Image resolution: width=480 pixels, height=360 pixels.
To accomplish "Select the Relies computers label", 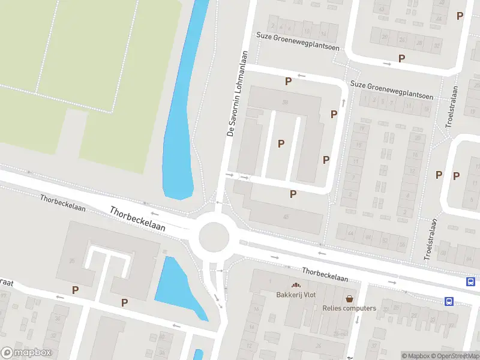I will tap(349, 308).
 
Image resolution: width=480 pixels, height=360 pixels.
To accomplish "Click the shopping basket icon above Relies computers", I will tap(349, 298).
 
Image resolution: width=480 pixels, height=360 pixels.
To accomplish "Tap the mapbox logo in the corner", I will tap(26, 353).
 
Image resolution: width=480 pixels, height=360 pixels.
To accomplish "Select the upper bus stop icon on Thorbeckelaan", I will tap(471, 281).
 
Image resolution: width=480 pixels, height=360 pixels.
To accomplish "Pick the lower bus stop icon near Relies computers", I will tap(449, 301).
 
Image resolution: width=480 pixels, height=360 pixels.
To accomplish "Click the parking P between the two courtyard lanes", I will tap(281, 143).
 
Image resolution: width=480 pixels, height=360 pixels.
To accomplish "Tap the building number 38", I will tap(285, 102).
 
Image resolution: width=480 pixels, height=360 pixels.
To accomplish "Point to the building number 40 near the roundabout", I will tap(286, 217).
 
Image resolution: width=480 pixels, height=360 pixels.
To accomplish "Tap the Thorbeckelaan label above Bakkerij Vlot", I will tap(325, 274).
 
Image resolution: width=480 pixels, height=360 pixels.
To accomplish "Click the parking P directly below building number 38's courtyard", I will tap(293, 194).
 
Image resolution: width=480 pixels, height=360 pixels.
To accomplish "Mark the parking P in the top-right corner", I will tap(460, 16).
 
